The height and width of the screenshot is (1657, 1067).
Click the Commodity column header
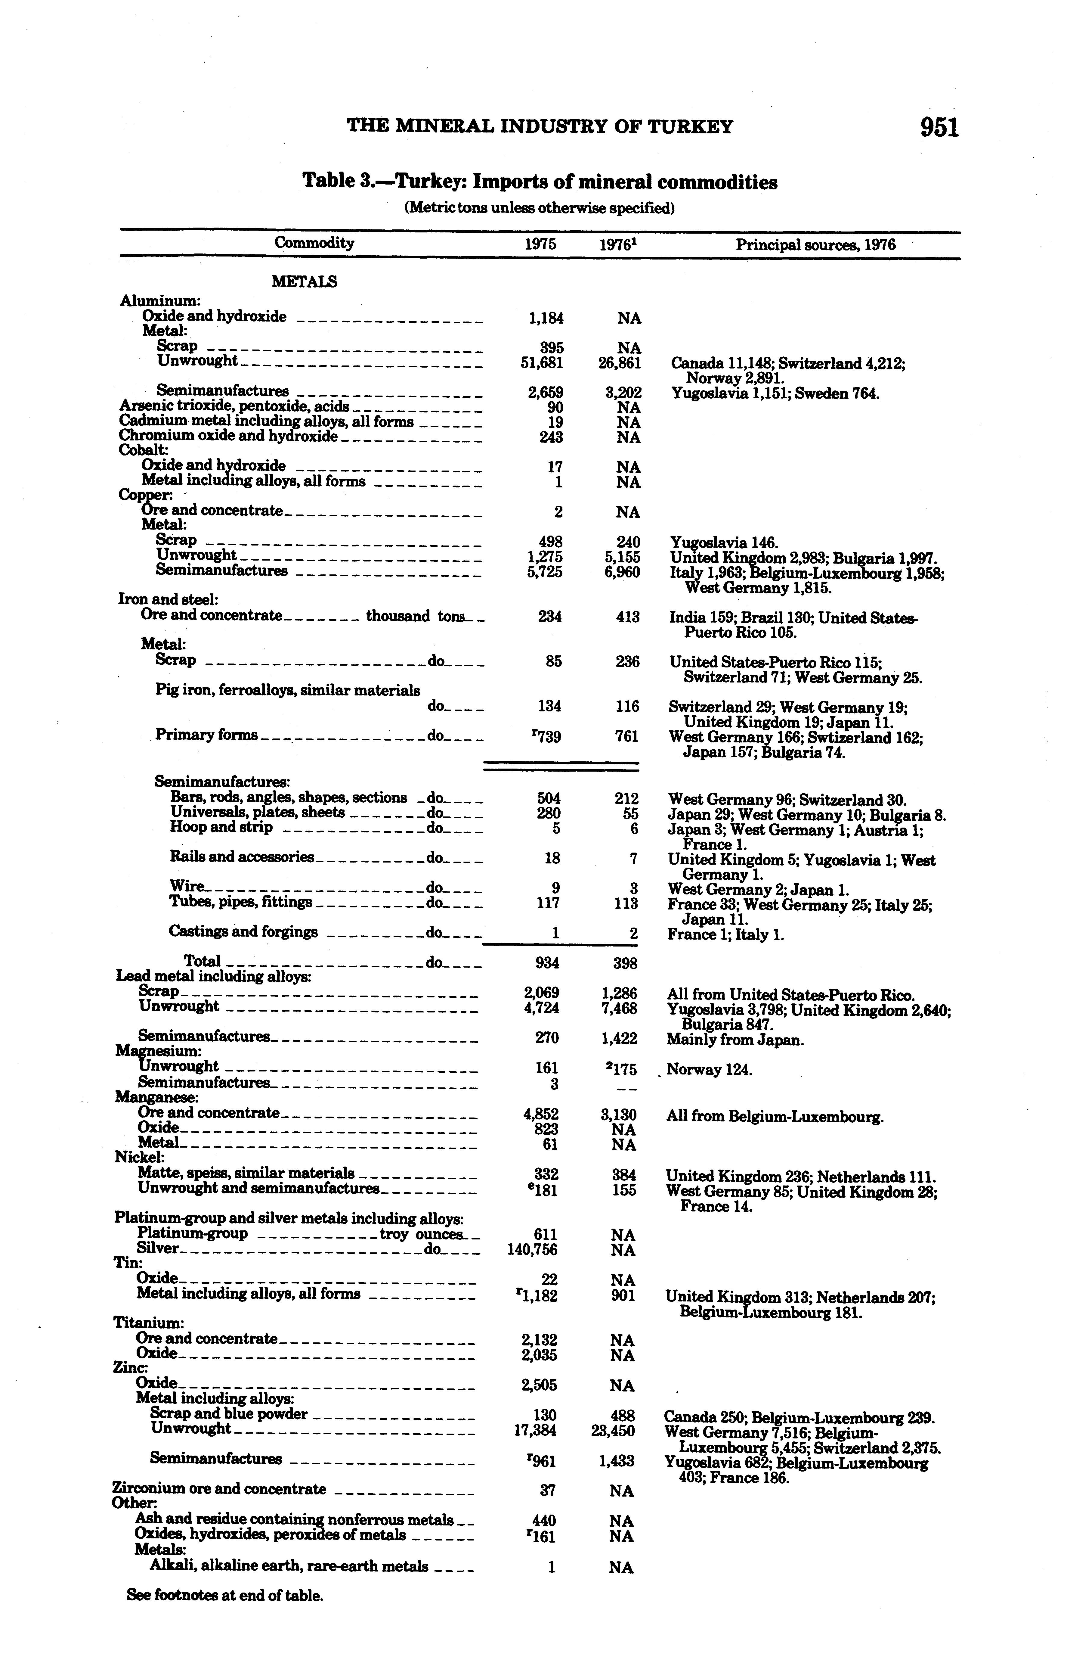(x=314, y=243)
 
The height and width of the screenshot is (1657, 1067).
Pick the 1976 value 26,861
(x=620, y=362)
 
